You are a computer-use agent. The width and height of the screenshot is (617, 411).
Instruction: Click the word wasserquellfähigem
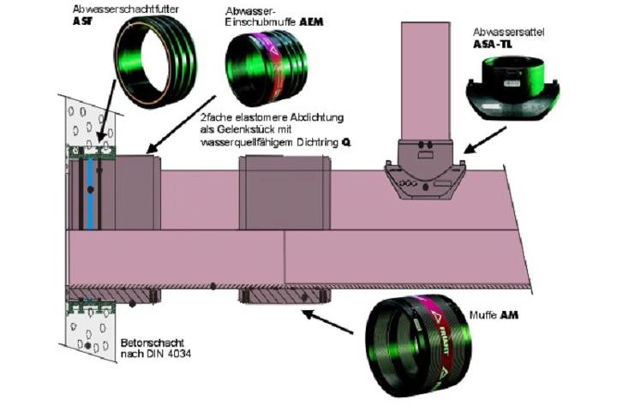click(237, 142)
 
